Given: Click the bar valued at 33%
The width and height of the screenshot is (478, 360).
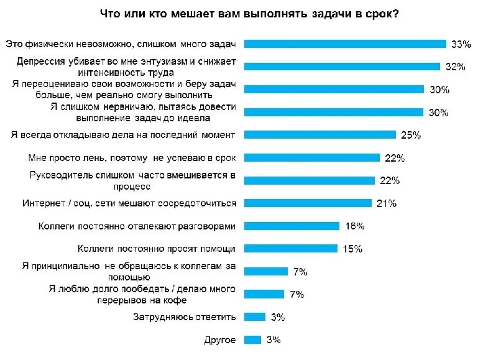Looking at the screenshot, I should pyautogui.click(x=345, y=44).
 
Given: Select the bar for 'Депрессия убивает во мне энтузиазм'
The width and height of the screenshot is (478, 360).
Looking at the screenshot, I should pyautogui.click(x=342, y=67).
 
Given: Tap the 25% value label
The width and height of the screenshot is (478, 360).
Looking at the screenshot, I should pyautogui.click(x=411, y=135).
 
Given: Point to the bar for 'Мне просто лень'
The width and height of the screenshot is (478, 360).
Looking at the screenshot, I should pyautogui.click(x=311, y=158).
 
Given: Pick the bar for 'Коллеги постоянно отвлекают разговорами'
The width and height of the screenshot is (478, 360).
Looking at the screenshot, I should pyautogui.click(x=292, y=226).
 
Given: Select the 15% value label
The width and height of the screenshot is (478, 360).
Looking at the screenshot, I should pyautogui.click(x=352, y=249).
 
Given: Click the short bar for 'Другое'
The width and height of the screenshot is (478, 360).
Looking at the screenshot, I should pyautogui.click(x=252, y=339).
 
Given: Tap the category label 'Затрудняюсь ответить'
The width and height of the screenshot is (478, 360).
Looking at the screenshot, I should pyautogui.click(x=185, y=317).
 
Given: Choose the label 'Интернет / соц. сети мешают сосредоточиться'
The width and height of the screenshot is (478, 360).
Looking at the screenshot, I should pyautogui.click(x=130, y=203).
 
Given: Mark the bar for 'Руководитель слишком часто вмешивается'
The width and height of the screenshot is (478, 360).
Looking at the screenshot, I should pyautogui.click(x=310, y=180).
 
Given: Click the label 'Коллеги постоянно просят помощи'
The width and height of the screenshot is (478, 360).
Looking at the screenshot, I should pyautogui.click(x=157, y=249).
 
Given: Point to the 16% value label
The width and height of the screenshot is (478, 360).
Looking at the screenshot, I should pyautogui.click(x=353, y=226).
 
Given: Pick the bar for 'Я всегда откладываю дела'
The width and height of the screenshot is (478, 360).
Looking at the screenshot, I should pyautogui.click(x=320, y=135).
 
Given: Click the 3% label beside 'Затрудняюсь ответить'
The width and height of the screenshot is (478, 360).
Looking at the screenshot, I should pyautogui.click(x=277, y=317).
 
